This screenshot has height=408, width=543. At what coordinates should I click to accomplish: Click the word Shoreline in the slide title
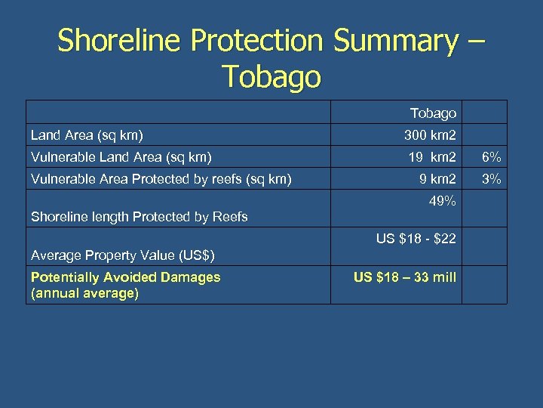pyautogui.click(x=121, y=41)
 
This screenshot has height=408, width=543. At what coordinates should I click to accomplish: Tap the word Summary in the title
pyautogui.click(x=394, y=41)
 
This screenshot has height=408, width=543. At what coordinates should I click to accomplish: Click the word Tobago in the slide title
pyautogui.click(x=271, y=76)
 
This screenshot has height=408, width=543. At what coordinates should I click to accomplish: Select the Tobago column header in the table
pyautogui.click(x=433, y=113)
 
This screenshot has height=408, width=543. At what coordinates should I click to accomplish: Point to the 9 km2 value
pyautogui.click(x=437, y=180)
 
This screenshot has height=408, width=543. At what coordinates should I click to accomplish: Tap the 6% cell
pyautogui.click(x=490, y=158)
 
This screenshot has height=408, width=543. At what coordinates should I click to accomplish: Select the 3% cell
pyautogui.click(x=490, y=180)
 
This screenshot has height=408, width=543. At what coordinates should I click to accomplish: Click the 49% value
pyautogui.click(x=441, y=202)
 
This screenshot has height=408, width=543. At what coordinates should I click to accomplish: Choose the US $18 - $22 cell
pyautogui.click(x=416, y=240)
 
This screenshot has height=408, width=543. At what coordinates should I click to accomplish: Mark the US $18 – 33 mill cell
pyautogui.click(x=405, y=277)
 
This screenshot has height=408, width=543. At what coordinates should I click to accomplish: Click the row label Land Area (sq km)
pyautogui.click(x=87, y=136)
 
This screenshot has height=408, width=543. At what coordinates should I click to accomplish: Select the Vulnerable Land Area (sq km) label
pyautogui.click(x=121, y=158)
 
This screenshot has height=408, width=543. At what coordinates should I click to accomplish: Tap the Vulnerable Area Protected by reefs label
pyautogui.click(x=161, y=180)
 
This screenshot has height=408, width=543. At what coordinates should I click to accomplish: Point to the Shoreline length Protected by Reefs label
pyautogui.click(x=139, y=217)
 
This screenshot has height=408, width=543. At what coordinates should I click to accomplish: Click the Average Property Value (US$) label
pyautogui.click(x=123, y=255)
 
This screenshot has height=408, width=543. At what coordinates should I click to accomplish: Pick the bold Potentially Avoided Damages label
pyautogui.click(x=125, y=277)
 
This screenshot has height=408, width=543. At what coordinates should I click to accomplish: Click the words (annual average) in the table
pyautogui.click(x=84, y=292)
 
